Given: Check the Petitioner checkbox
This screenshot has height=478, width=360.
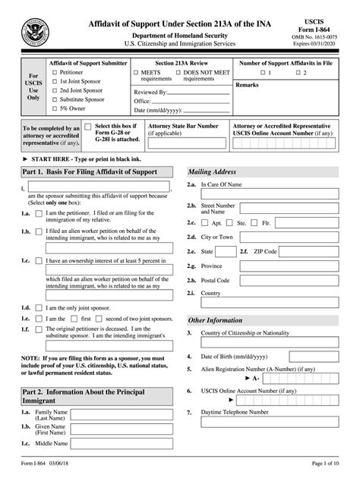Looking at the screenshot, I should point(54,73).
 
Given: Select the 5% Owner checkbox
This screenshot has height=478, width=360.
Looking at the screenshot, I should point(54,109).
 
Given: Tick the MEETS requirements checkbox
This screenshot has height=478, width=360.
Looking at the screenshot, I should point(137,73).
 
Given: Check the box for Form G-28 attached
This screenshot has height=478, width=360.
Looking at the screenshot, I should point(88,128).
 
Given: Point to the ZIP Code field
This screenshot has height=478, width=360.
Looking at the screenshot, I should point(312,250).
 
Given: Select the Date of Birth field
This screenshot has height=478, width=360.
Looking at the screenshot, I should point(303,357).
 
